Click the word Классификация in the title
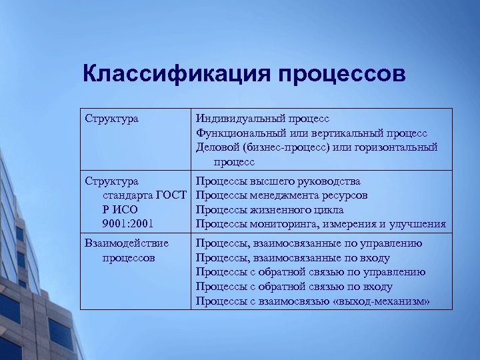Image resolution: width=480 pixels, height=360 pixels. [x=175, y=73]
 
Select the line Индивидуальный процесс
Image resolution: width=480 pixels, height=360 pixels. [x=262, y=119]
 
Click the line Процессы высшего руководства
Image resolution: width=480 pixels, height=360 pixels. [x=278, y=181]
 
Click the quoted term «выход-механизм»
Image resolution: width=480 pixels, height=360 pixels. [x=384, y=301]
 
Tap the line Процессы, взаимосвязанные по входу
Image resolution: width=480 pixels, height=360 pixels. [x=293, y=258]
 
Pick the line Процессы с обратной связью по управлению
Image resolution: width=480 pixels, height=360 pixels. [x=311, y=272]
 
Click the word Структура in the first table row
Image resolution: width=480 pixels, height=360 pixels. [x=112, y=119]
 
